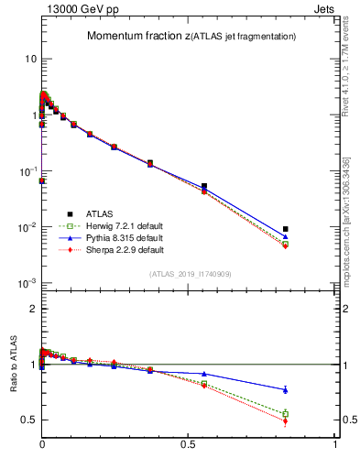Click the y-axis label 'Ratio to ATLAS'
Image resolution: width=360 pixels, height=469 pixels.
12,365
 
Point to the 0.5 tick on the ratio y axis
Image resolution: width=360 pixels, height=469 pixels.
29,420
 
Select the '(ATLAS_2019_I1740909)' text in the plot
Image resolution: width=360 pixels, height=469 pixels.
191,274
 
